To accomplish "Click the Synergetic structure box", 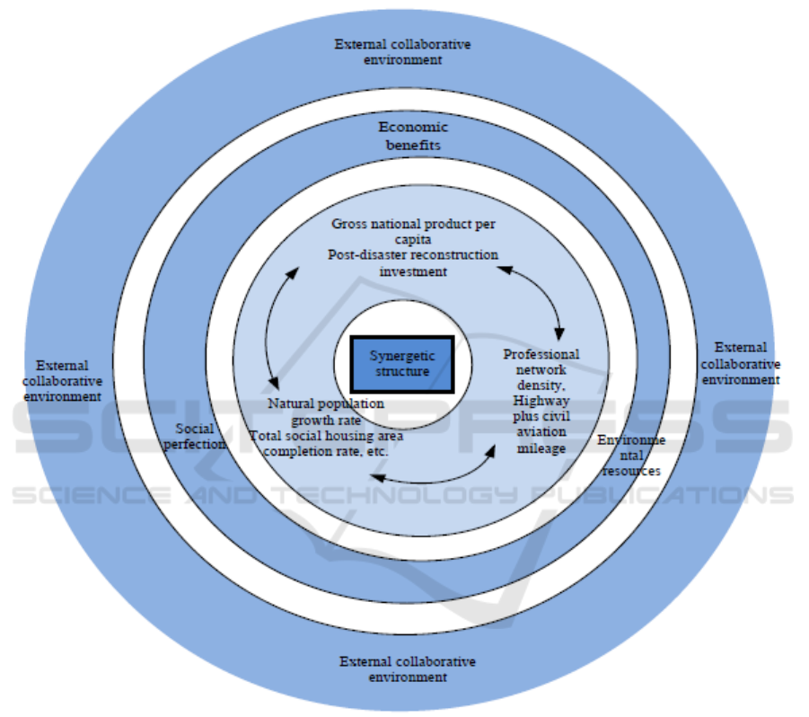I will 400,364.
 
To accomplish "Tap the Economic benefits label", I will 413,136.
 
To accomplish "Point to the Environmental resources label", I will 632,456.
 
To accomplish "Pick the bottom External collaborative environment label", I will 408,669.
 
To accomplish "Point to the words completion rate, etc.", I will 325,451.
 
